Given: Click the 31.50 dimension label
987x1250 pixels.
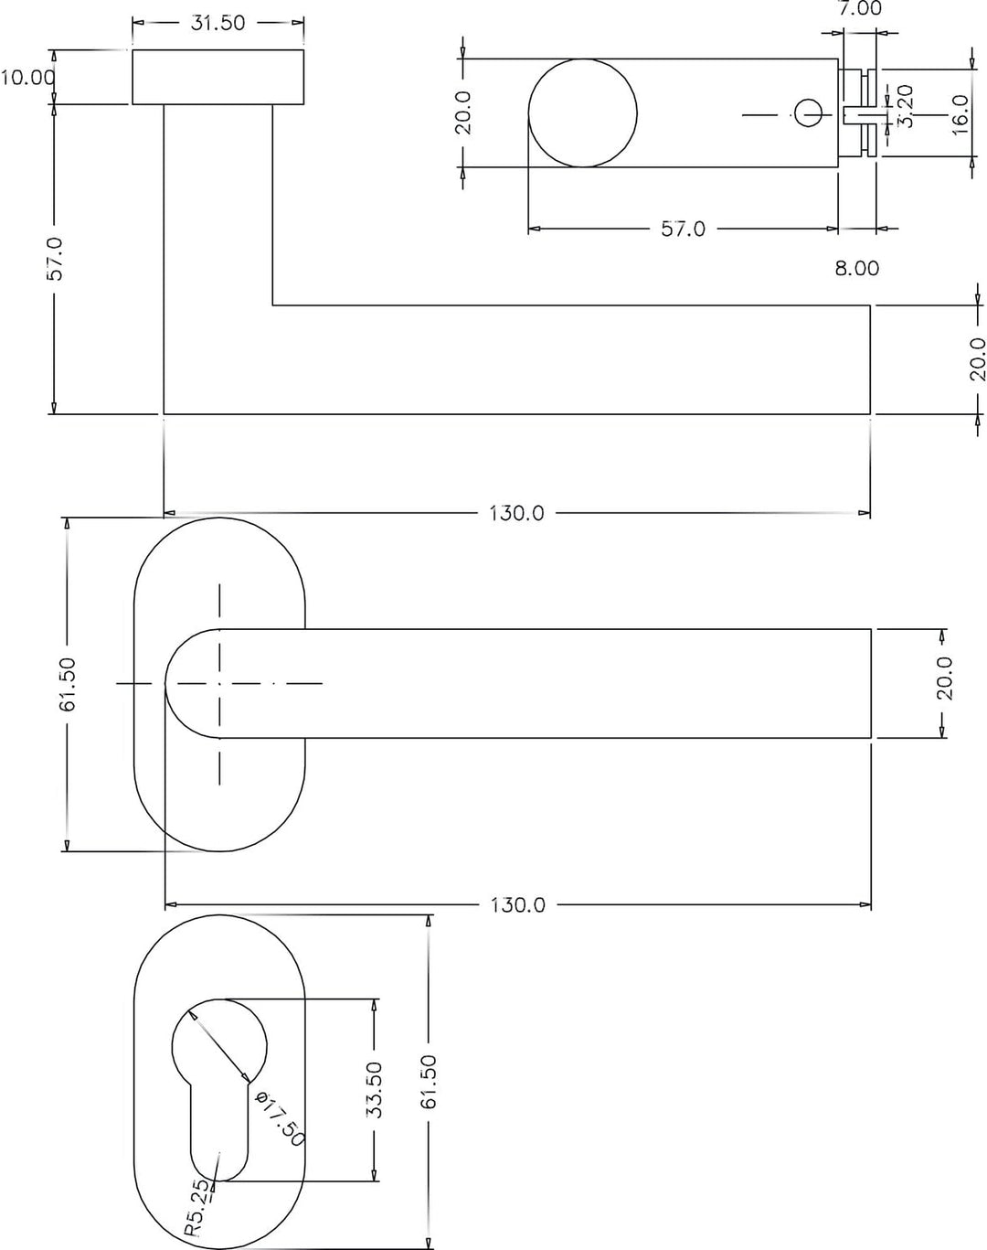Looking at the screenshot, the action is coord(218,23).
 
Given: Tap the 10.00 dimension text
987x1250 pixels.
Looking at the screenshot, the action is coord(27,77).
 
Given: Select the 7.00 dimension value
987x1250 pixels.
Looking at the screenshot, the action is coord(859,8).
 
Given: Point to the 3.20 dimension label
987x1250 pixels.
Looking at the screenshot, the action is coord(906,106).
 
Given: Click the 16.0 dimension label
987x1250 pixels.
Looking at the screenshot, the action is coord(960,114).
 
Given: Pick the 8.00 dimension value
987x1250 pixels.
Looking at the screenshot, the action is coord(857,268).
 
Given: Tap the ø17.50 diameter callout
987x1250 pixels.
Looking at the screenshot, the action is coord(280,1118).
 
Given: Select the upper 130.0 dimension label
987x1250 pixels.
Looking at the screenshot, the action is coord(516,514).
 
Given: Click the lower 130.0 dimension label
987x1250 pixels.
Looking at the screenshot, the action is coord(518,905).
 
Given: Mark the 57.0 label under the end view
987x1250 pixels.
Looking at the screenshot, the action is coord(683,229).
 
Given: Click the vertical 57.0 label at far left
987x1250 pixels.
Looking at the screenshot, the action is coord(55,259).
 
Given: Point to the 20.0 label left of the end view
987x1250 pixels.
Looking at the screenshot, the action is coord(464,112).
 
